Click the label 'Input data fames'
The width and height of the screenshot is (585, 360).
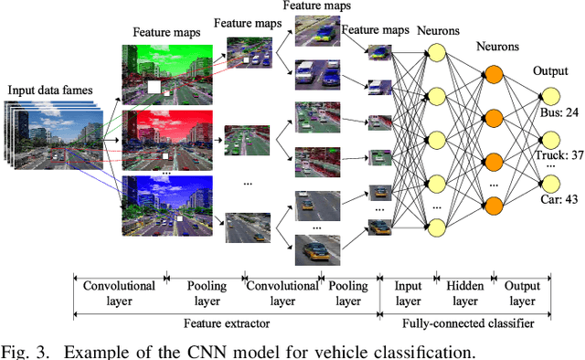click(54, 90)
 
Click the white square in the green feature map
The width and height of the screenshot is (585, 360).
click(155, 89)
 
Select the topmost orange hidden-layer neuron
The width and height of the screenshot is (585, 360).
click(494, 76)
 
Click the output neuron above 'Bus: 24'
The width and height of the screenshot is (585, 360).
click(549, 96)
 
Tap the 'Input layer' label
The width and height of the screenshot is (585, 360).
click(407, 291)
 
